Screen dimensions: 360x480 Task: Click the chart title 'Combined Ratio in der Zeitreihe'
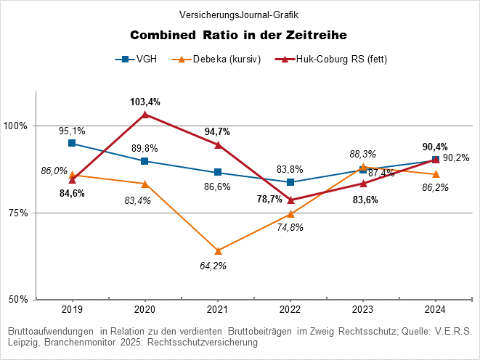239,35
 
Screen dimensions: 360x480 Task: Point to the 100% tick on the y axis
15,126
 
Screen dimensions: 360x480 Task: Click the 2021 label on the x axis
217,309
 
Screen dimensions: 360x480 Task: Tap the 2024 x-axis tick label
435,309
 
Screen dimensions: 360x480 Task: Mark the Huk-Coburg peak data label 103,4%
145,102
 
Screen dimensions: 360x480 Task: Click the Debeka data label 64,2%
213,266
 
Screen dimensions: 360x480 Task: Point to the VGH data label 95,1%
72,131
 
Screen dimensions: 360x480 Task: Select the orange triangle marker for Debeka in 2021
217,251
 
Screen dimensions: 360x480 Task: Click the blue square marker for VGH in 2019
72,143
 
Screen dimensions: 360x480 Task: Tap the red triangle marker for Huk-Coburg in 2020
145,114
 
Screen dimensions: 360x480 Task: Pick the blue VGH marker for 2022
290,182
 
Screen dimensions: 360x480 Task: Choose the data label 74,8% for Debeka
290,227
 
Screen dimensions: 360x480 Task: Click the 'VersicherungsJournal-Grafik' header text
239,15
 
